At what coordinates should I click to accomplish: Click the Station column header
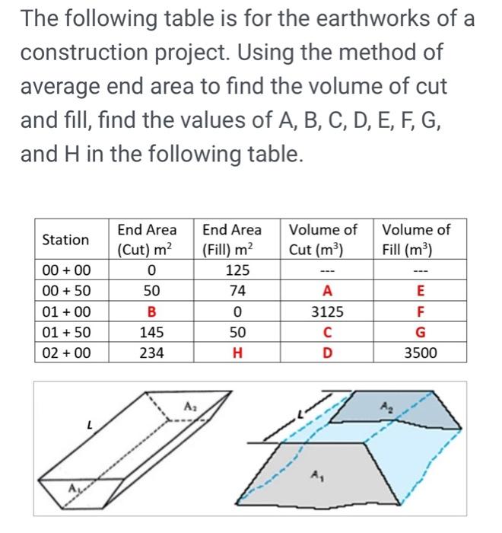65,240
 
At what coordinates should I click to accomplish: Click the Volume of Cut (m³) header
322,239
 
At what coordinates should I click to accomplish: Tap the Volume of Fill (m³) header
416,239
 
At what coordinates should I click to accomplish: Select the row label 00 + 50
66,290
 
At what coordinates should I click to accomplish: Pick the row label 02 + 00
66,353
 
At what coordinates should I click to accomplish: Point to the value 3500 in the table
421,353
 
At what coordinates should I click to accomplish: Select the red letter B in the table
151,311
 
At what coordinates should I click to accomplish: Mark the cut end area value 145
151,332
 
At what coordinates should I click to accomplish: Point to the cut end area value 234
151,353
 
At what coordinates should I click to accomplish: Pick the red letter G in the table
421,332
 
